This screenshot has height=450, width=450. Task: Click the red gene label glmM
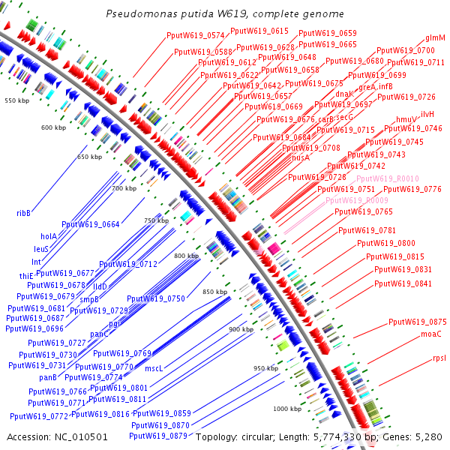click(436, 37)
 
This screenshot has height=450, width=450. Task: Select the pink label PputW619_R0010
click(388, 178)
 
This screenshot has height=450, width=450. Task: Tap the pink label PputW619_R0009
click(357, 201)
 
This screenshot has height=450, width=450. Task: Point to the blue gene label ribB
click(24, 213)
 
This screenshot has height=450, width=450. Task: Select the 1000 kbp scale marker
click(286, 409)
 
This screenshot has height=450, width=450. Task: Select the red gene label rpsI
click(439, 358)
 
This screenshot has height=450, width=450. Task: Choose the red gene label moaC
click(431, 334)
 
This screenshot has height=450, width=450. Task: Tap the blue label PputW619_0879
click(159, 436)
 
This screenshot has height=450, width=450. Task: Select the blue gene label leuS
click(41, 248)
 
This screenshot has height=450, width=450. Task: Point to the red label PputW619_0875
click(418, 322)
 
